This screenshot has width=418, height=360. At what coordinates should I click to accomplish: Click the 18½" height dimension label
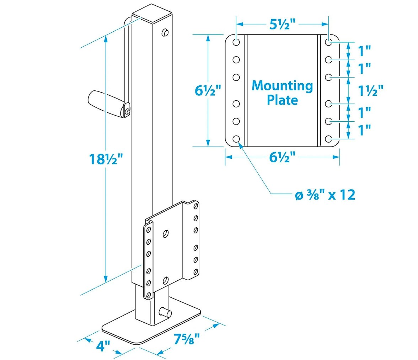pos(106,159)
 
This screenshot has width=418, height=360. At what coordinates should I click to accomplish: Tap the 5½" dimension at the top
pos(282,24)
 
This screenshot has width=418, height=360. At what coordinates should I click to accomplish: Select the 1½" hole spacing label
pos(370,91)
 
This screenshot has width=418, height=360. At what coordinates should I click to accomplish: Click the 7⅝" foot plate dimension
pos(187,339)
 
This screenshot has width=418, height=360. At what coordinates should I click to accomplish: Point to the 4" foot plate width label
pos(103,346)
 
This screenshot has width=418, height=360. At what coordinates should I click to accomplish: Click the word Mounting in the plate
pos(282,86)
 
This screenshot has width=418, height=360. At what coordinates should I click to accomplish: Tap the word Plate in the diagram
pos(282,100)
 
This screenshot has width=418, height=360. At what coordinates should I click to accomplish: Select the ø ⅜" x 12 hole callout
pos(325,195)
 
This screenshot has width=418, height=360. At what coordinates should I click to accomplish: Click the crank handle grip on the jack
pos(106,103)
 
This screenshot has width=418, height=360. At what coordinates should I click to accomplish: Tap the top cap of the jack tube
pos(152,13)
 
